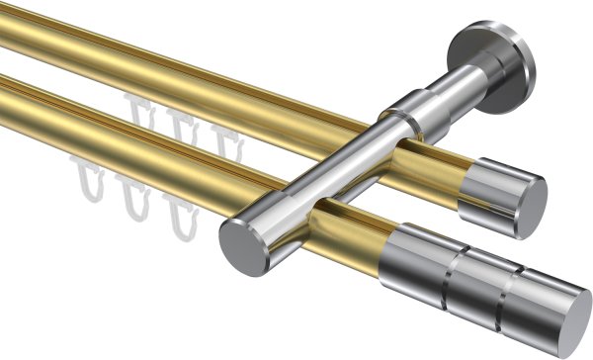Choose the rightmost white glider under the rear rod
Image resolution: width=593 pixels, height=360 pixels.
225,138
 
